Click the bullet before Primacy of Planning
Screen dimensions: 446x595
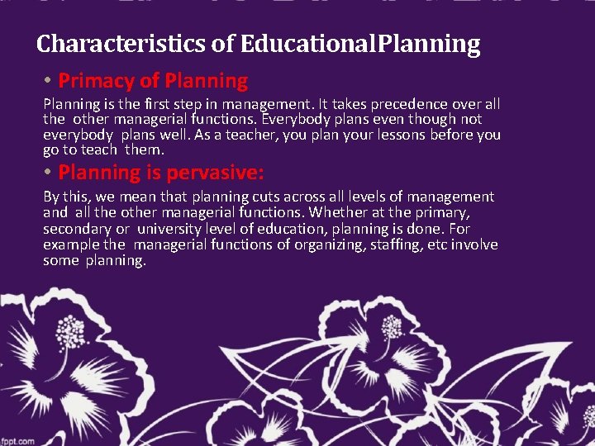[50, 81]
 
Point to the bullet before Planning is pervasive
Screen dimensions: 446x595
[50, 173]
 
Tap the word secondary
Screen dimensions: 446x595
[75, 229]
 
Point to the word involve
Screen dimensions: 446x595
[474, 244]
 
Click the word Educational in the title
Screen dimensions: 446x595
[307, 44]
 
